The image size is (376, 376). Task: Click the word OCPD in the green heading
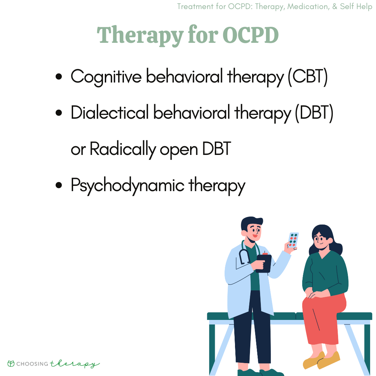point(250,35)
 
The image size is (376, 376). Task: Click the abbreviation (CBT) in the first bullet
point(307,77)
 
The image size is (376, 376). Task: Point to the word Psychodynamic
point(127,186)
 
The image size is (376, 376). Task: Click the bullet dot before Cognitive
point(59,77)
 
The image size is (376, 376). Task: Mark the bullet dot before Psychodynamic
point(59,185)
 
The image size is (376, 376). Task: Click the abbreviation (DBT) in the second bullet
point(313,113)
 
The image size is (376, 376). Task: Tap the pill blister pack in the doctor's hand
point(293,240)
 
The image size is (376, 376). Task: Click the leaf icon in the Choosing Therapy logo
point(11,364)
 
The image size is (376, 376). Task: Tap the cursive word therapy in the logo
point(75,364)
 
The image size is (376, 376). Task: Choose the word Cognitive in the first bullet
point(106,77)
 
